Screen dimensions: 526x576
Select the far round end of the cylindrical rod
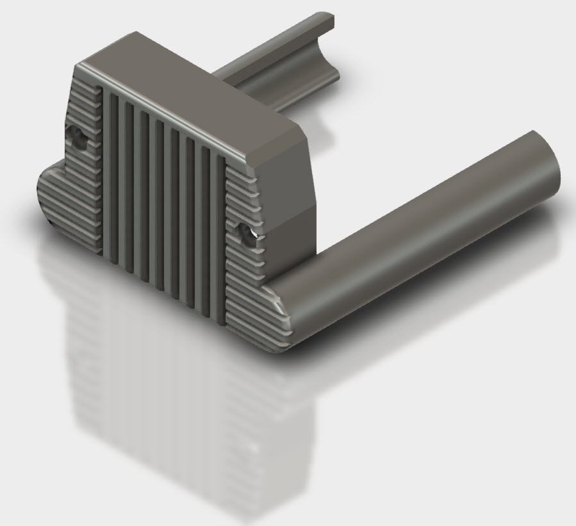click(543, 157)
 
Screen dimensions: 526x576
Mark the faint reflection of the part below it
click(160, 397)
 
